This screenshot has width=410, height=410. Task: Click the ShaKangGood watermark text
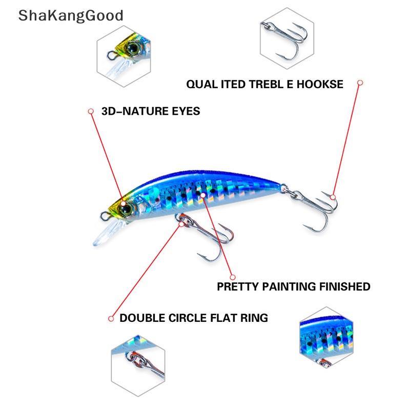tap(71, 16)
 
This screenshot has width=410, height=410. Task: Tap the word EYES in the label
tap(186, 111)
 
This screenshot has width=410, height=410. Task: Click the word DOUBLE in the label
tap(142, 318)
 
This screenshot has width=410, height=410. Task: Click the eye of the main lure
tap(127, 209)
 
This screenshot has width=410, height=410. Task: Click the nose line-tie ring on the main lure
tap(105, 216)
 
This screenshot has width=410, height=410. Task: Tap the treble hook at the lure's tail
tap(314, 209)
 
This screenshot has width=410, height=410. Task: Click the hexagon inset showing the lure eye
tap(124, 56)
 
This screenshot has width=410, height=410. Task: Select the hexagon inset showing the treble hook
tap(287, 38)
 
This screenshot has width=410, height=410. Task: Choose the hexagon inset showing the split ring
tap(138, 365)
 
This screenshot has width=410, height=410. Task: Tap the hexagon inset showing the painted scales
tap(326, 337)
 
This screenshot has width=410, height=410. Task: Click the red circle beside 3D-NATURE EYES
tap(91, 111)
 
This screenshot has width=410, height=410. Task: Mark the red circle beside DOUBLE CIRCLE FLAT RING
tap(111, 318)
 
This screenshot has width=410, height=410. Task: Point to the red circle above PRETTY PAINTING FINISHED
tap(233, 277)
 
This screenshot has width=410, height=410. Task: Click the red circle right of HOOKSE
tap(360, 83)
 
